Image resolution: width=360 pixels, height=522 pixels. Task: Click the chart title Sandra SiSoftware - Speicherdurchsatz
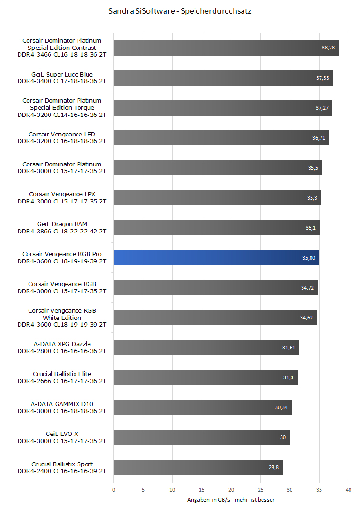pyautogui.click(x=180, y=11)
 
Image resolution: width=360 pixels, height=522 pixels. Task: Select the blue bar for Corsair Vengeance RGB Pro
pyautogui.click(x=216, y=258)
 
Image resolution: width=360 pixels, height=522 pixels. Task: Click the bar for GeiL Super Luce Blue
pyautogui.click(x=223, y=78)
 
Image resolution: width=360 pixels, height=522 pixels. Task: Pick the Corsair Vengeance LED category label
pyautogui.click(x=62, y=138)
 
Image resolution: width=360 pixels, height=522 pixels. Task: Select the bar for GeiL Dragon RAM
pyautogui.click(x=216, y=228)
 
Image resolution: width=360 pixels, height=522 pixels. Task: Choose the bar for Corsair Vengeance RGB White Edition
pyautogui.click(x=215, y=318)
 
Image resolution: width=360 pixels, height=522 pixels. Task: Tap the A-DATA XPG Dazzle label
pyautogui.click(x=62, y=348)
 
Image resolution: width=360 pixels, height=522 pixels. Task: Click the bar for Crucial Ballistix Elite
pyautogui.click(x=205, y=377)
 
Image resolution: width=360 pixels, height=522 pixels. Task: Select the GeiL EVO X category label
pyautogui.click(x=62, y=437)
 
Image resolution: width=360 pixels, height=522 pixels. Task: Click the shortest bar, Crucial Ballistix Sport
pyautogui.click(x=198, y=467)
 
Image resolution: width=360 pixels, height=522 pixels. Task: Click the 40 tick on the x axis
pyautogui.click(x=349, y=490)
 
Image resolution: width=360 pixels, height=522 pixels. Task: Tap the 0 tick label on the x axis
pyautogui.click(x=114, y=490)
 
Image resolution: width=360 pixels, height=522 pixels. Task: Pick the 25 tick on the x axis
pyautogui.click(x=261, y=490)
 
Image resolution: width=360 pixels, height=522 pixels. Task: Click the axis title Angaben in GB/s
pyautogui.click(x=231, y=500)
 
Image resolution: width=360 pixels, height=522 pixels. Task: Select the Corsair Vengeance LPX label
pyautogui.click(x=62, y=198)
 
